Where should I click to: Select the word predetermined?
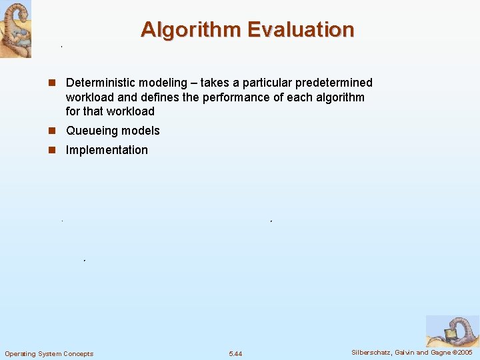pyautogui.click(x=331, y=83)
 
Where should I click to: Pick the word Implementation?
pyautogui.click(x=107, y=150)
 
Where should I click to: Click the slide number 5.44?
pyautogui.click(x=235, y=353)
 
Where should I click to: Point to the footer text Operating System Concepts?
pyautogui.click(x=49, y=353)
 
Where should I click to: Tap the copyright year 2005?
pyautogui.click(x=465, y=352)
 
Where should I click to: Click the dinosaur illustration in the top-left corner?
pyautogui.click(x=15, y=29)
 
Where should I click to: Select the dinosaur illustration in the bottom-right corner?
pyautogui.click(x=453, y=331)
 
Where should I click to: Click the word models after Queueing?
pyautogui.click(x=143, y=131)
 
